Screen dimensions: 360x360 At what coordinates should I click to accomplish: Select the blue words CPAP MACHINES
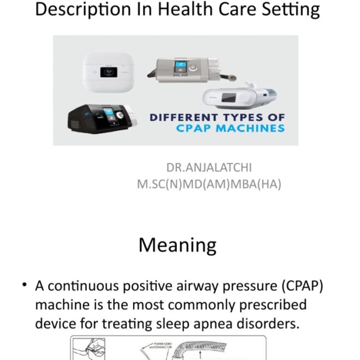(230, 129)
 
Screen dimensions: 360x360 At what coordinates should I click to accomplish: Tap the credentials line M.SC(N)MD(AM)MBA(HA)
(209, 184)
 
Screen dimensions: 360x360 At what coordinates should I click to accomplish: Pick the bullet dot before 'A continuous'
(25, 285)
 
